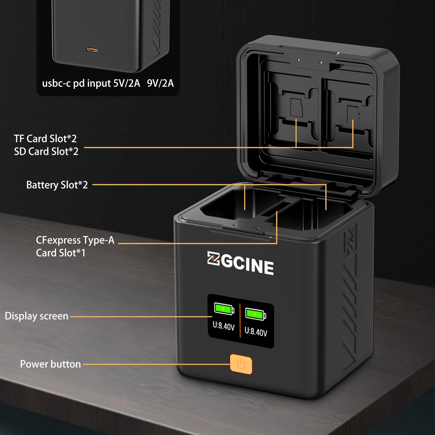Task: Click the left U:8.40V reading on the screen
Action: click(x=223, y=326)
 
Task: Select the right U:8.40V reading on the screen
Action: click(x=256, y=332)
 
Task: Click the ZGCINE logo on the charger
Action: click(x=240, y=263)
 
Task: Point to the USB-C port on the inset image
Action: click(x=92, y=50)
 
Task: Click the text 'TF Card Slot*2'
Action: click(x=45, y=139)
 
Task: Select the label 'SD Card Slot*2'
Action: click(x=46, y=151)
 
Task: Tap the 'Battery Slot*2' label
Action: click(x=57, y=185)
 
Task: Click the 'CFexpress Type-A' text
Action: click(x=75, y=240)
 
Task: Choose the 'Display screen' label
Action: click(x=37, y=316)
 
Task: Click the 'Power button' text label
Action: click(x=50, y=364)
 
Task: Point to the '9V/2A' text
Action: click(x=160, y=83)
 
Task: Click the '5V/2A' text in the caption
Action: click(x=127, y=83)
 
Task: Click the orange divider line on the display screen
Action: click(x=240, y=321)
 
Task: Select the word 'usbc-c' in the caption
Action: click(x=56, y=83)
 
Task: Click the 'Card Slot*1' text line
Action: click(x=61, y=253)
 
